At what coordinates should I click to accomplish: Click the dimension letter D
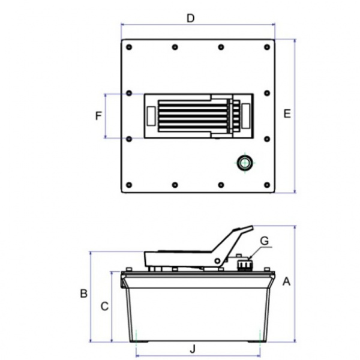(191, 19)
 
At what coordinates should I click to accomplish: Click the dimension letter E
(287, 114)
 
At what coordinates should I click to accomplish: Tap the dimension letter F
(98, 116)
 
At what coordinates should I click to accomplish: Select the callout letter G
(265, 241)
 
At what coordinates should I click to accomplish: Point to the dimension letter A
(286, 281)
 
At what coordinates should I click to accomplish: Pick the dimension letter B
(84, 293)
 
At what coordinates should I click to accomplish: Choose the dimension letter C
(104, 306)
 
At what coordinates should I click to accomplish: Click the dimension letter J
(193, 349)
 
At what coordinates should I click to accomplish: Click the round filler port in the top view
(245, 163)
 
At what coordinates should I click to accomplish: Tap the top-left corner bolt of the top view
(129, 47)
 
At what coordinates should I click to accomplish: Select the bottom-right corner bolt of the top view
(267, 185)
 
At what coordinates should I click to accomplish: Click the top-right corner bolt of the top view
(267, 47)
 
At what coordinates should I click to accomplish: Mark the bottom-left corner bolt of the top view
(129, 185)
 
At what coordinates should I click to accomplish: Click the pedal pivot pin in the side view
(217, 261)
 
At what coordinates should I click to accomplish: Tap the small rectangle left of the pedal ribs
(151, 116)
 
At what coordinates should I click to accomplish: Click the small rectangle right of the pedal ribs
(246, 116)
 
